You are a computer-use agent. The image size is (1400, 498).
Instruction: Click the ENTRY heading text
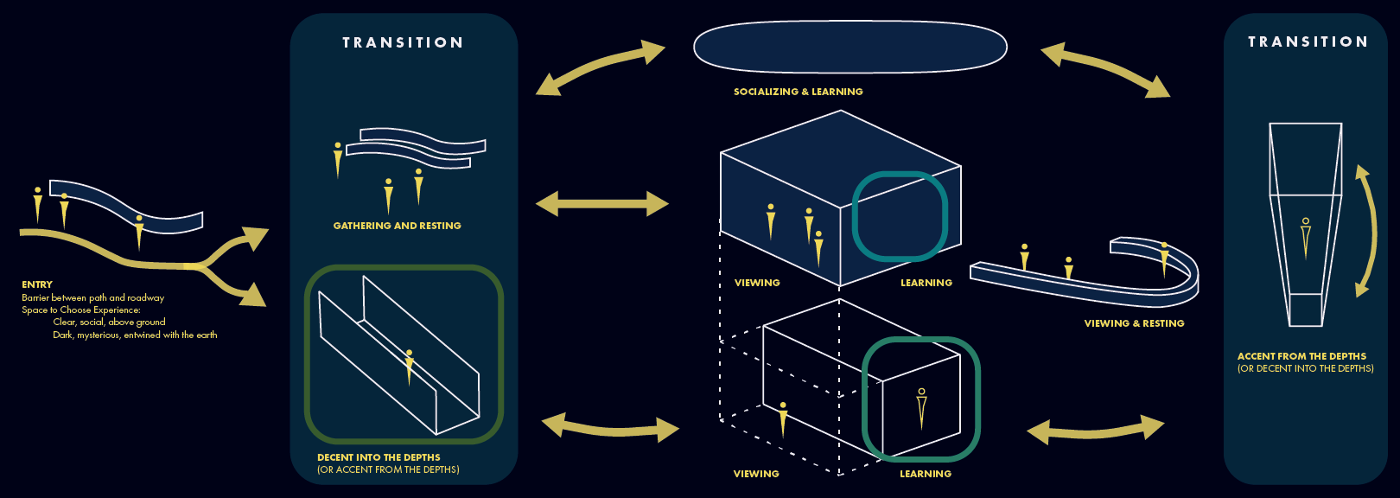point(37,284)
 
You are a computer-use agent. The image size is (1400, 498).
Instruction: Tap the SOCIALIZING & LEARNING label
point(798,92)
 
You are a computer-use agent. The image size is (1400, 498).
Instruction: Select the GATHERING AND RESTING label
point(397,226)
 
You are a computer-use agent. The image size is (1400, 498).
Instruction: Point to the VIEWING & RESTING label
point(1134,323)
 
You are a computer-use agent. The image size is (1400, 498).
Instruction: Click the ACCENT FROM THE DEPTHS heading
point(1301,356)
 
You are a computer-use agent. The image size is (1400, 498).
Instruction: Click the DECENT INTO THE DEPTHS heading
point(379,457)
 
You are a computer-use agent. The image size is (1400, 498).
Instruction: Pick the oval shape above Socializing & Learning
point(850,47)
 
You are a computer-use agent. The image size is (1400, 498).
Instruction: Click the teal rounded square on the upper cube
point(900,216)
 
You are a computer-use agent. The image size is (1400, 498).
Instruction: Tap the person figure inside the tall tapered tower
point(1306,237)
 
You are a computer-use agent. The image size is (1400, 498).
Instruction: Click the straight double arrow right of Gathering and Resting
point(602,205)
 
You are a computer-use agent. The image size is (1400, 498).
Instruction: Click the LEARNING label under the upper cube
point(926,283)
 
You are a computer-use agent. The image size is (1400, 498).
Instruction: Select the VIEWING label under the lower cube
point(756,474)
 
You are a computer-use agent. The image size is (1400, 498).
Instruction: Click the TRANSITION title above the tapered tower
point(1308,41)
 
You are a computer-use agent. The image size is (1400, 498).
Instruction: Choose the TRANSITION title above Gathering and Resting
point(403,42)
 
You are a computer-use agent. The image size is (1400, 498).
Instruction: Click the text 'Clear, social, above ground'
point(109,322)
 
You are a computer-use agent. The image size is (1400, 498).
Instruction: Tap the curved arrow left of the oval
point(600,67)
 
